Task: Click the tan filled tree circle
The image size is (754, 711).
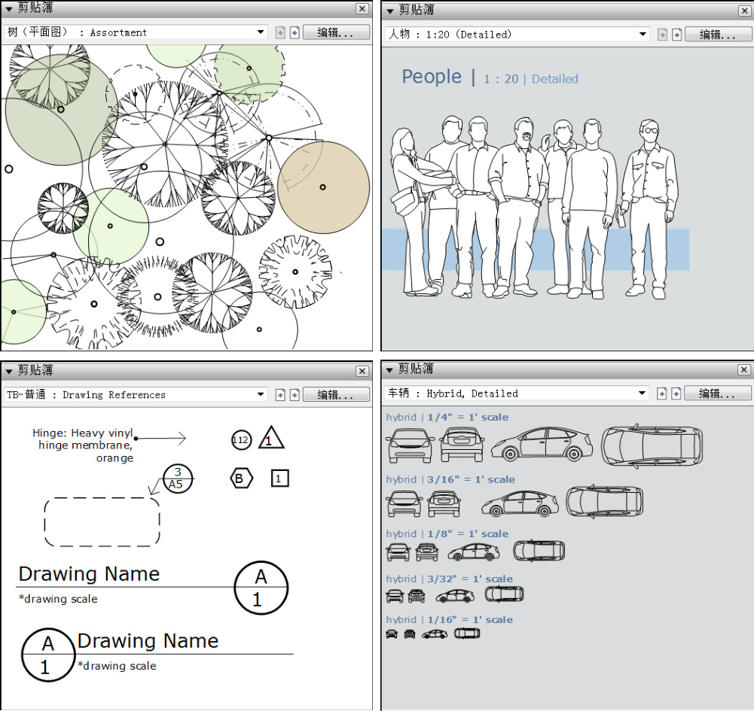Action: pyautogui.click(x=324, y=187)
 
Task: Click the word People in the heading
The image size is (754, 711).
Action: pyautogui.click(x=432, y=77)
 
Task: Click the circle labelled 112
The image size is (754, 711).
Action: pyautogui.click(x=241, y=439)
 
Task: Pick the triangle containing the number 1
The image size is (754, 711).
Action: pyautogui.click(x=270, y=438)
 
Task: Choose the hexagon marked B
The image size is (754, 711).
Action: pyautogui.click(x=241, y=479)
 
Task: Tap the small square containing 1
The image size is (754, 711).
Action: pyautogui.click(x=280, y=479)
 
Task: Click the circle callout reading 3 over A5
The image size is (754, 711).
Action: pyautogui.click(x=178, y=479)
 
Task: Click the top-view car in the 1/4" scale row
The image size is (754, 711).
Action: pyautogui.click(x=652, y=446)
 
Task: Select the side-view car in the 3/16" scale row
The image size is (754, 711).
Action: pyautogui.click(x=520, y=504)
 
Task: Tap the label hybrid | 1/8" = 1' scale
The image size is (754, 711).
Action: pyautogui.click(x=447, y=533)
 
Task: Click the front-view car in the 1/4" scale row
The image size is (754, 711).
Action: pyautogui.click(x=411, y=445)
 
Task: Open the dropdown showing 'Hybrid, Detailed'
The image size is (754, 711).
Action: pyautogui.click(x=517, y=393)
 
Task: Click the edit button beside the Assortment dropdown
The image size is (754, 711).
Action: pyautogui.click(x=336, y=32)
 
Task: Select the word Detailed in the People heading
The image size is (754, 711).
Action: pyautogui.click(x=555, y=79)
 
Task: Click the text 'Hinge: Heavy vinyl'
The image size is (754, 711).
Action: pyautogui.click(x=83, y=433)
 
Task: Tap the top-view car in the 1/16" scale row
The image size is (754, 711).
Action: pyautogui.click(x=467, y=634)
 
